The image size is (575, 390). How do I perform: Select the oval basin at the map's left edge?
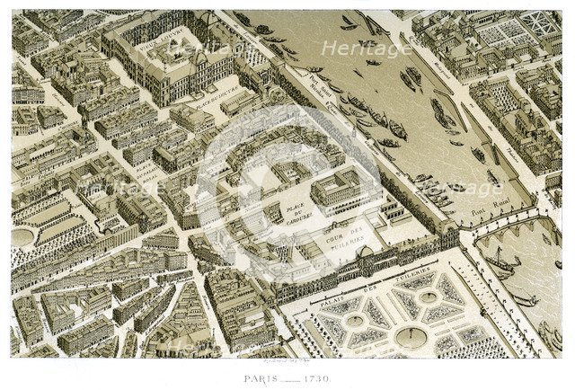click(x=22, y=236)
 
